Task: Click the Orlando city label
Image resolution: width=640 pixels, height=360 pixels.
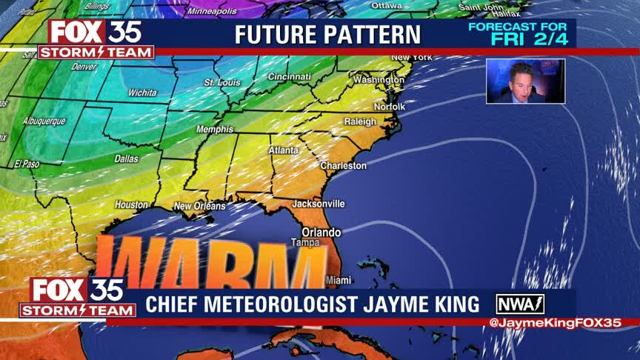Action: click(321, 232)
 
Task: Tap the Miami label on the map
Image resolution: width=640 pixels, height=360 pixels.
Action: click(339, 280)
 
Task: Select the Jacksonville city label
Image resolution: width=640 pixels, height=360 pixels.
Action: click(318, 203)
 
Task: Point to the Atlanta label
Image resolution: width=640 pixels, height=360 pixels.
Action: click(283, 150)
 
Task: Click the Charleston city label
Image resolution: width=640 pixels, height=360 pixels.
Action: click(343, 165)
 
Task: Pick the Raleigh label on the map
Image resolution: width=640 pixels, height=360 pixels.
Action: click(360, 121)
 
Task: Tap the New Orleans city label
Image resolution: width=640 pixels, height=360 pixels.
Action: click(199, 206)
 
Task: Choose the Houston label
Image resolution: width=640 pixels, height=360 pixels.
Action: click(131, 204)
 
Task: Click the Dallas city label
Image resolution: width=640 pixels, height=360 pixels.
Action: click(126, 159)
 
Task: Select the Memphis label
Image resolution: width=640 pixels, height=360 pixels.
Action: click(214, 130)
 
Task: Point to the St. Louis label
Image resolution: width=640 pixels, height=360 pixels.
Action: click(222, 82)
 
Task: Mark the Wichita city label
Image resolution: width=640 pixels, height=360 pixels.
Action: click(142, 93)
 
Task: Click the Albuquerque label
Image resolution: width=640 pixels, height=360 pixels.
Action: click(44, 121)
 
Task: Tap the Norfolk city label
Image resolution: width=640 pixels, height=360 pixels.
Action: click(390, 107)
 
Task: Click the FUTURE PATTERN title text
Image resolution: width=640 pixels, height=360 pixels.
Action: click(327, 34)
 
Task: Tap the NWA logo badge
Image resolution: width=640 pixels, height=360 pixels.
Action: click(520, 304)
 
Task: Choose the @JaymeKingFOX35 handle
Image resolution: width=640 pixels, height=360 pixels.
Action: click(555, 322)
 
